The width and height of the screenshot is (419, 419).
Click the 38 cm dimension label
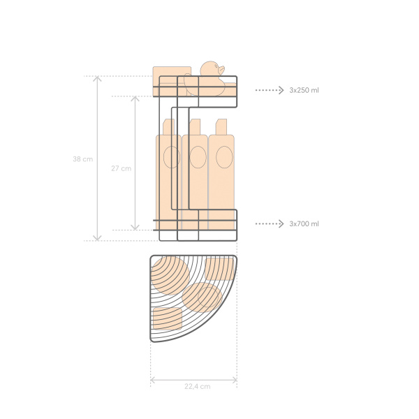point(83,159)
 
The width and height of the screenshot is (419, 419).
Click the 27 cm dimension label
point(121,168)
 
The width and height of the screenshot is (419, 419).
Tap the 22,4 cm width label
point(197,386)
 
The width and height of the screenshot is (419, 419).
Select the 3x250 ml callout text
point(304,90)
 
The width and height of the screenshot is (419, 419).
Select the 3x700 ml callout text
point(304,223)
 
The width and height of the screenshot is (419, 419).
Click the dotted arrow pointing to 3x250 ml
point(270,90)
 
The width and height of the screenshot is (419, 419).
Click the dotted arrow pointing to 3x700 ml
point(270,223)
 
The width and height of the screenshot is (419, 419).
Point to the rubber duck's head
point(210,68)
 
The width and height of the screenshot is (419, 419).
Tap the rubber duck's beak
point(221,71)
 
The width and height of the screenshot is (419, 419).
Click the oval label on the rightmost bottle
point(224,157)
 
